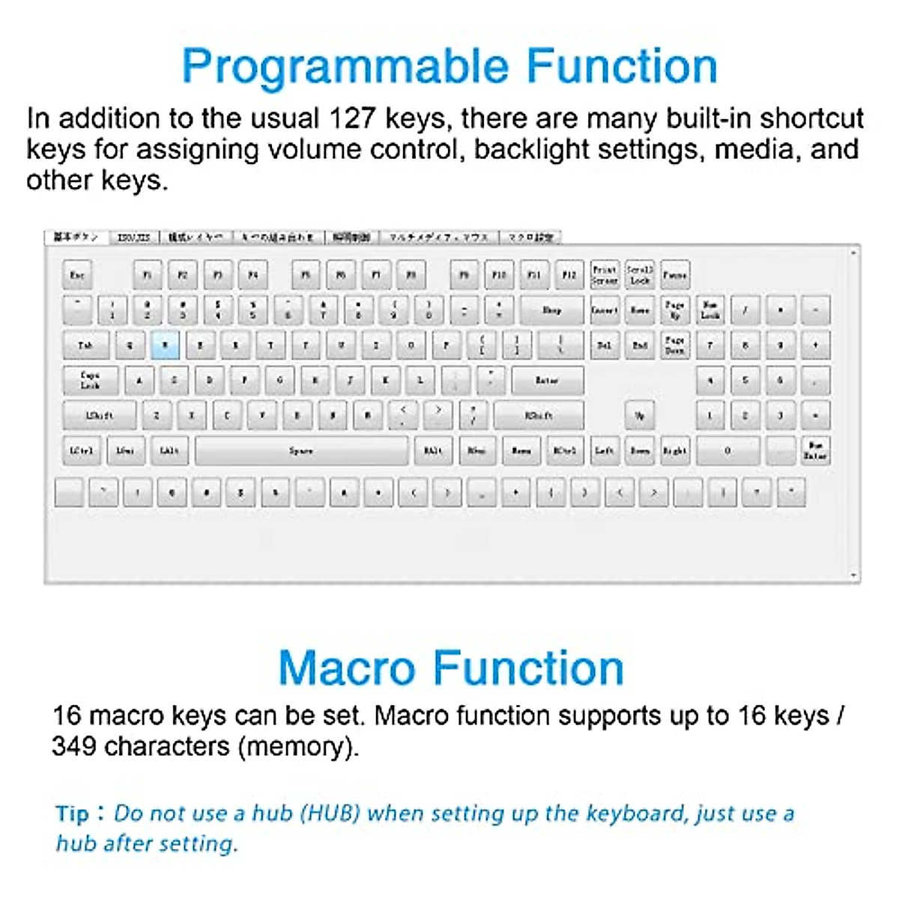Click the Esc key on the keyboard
pyautogui.click(x=77, y=275)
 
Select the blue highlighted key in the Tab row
pyautogui.click(x=166, y=345)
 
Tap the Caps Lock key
pyautogui.click(x=90, y=380)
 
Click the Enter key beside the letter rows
pyautogui.click(x=547, y=381)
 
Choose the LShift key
pyautogui.click(x=100, y=415)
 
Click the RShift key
pyautogui.click(x=539, y=415)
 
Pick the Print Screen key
pyautogui.click(x=604, y=275)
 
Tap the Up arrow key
pyautogui.click(x=639, y=415)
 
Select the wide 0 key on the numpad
pyautogui.click(x=727, y=451)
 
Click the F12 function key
pyautogui.click(x=569, y=275)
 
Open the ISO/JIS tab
pyautogui.click(x=134, y=237)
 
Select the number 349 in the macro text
pyautogui.click(x=73, y=746)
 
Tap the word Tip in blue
pyautogui.click(x=72, y=814)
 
